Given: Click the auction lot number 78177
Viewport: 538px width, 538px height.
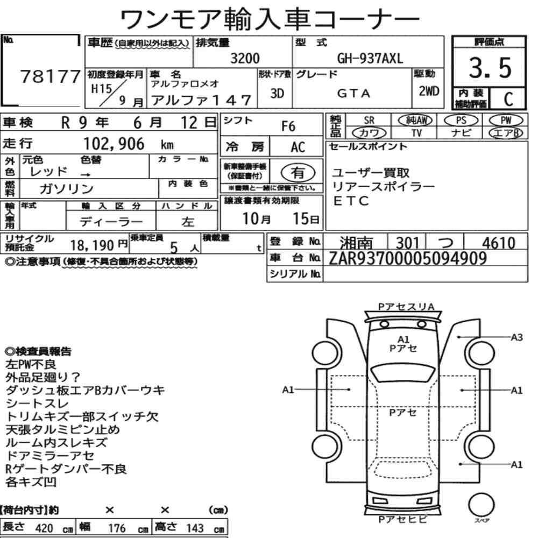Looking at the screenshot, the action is (50, 76).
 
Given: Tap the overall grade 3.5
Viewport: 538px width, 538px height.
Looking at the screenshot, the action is (490, 67).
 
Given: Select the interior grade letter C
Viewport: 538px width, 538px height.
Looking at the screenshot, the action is (508, 99).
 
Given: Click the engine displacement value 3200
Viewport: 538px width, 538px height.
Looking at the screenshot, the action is (245, 58).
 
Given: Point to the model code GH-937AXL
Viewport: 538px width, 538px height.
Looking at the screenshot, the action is (370, 59).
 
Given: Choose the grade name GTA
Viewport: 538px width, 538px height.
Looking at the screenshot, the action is (354, 93).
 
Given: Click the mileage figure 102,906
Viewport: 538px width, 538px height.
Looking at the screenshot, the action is (114, 144).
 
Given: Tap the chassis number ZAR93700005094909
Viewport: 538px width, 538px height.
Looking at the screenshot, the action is (408, 258).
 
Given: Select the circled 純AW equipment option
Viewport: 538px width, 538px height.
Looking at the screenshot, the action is (415, 120).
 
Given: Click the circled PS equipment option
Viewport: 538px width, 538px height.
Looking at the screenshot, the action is (461, 121).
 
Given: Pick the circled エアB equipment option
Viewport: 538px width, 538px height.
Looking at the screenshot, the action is (506, 133).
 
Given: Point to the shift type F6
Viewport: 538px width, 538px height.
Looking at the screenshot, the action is (288, 126).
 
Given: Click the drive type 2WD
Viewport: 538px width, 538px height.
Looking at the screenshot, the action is (429, 91).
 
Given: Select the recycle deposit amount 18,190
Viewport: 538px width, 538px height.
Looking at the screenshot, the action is (92, 245).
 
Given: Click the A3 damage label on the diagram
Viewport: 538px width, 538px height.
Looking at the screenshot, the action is (516, 337).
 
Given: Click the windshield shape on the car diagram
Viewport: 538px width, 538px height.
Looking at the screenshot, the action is (403, 373).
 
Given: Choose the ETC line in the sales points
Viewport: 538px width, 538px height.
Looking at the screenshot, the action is (351, 201).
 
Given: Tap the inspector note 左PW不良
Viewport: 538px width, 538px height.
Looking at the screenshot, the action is (31, 364).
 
